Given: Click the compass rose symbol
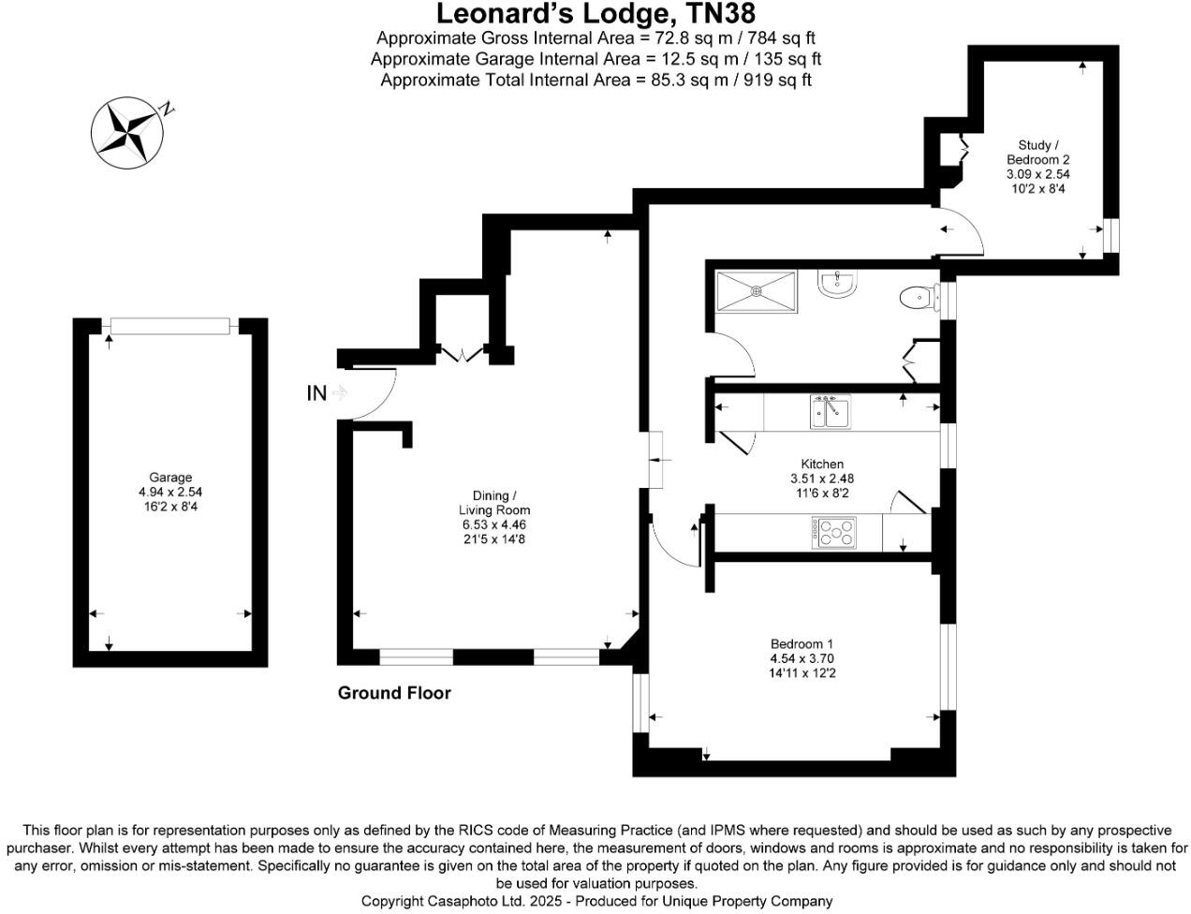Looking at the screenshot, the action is tap(126, 132).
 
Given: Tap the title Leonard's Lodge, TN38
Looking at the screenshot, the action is tap(595, 14).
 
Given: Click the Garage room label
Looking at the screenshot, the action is tap(169, 478).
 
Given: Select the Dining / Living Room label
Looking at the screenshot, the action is tap(494, 502).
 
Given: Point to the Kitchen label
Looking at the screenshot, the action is tap(822, 464).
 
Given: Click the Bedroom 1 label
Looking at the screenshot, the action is tap(801, 643).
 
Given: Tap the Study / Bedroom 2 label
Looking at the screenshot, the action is tap(1038, 152).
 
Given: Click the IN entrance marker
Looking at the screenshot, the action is tap(317, 393).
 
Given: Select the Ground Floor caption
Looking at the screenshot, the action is tap(394, 693).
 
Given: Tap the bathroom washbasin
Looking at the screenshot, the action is tap(836, 284).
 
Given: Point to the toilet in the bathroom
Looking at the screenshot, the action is tap(917, 298).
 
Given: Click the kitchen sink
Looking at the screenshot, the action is tap(830, 412).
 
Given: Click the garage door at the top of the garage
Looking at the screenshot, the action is tap(169, 326).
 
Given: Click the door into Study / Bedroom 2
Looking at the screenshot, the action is tap(960, 233).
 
